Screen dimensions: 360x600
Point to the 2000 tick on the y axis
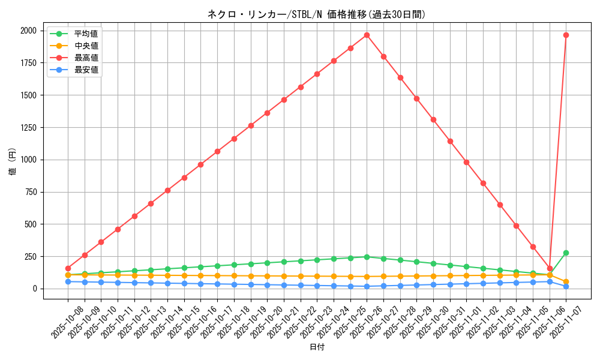pos(27,31)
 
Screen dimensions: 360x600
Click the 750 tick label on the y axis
pos(29,192)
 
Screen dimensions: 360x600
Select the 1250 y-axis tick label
pos(27,128)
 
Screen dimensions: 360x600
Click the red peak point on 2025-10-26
pos(367,35)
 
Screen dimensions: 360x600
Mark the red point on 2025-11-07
pos(566,35)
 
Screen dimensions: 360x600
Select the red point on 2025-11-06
pos(550,268)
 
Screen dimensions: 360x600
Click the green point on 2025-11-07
pos(566,253)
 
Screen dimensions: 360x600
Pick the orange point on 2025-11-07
pos(566,281)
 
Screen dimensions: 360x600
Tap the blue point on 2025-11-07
pos(566,286)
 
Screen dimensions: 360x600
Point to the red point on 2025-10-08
pos(68,268)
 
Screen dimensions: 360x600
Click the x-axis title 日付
pos(317,347)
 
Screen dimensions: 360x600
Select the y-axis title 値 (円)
pos(12,162)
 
